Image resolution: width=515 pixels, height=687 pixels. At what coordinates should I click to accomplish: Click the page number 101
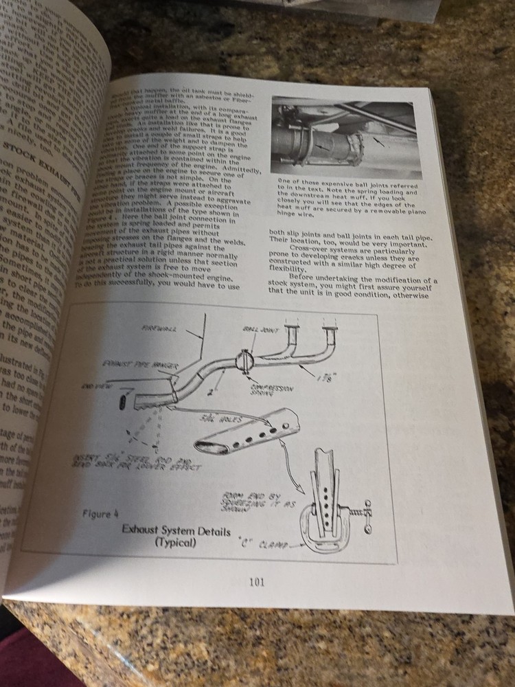click(x=257, y=583)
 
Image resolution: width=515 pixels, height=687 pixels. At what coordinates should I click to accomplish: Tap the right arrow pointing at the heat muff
click(x=378, y=141)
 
